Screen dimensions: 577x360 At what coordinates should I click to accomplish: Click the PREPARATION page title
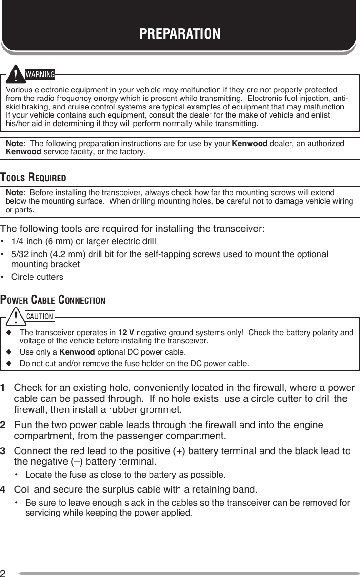click(180, 34)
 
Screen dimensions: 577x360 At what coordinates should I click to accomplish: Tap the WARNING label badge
click(40, 74)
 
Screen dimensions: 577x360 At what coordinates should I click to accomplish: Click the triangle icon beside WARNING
click(17, 74)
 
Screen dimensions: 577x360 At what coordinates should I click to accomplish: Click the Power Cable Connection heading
click(53, 300)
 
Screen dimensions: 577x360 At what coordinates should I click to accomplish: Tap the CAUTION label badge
click(40, 316)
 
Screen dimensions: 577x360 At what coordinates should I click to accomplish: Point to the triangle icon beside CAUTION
click(17, 315)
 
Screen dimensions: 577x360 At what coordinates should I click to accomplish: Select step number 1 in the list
click(4, 386)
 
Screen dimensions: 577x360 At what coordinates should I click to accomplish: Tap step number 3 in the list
click(4, 451)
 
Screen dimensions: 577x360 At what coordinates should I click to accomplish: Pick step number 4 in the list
click(4, 490)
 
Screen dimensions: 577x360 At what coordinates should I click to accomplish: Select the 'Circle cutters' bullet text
click(37, 277)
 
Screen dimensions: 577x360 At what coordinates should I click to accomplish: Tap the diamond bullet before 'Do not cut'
click(8, 364)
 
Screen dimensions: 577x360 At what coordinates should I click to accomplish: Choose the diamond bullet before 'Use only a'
click(8, 352)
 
